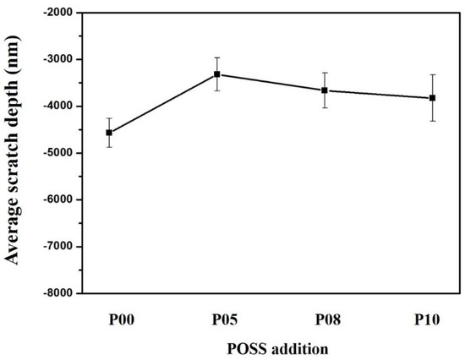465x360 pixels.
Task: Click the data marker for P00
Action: pos(109,133)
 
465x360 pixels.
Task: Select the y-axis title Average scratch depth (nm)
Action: pos(14,153)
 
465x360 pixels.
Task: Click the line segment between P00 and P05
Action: pos(163,103)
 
